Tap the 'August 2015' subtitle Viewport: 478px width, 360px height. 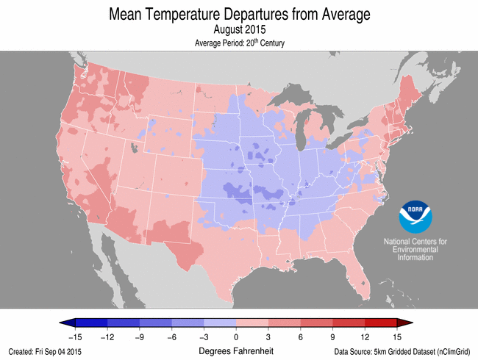239,30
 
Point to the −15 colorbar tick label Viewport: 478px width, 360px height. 74,336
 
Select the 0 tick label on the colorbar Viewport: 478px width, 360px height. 236,336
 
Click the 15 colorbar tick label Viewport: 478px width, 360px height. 398,336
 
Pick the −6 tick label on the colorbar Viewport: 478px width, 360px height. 171,336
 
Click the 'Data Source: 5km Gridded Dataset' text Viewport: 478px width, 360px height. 402,352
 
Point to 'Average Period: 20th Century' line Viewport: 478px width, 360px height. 239,43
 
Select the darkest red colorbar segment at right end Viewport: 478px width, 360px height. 382,323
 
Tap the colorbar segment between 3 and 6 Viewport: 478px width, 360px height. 285,323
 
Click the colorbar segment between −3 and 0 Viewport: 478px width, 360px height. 220,323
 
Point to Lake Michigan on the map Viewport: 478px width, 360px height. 302,136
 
